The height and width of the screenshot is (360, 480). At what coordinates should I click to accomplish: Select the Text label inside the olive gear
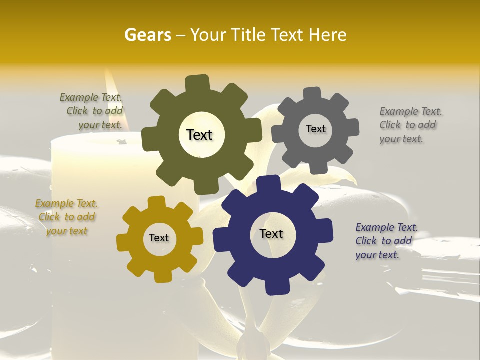click(x=199, y=135)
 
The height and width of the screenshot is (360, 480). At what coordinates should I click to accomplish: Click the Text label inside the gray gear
click(x=315, y=129)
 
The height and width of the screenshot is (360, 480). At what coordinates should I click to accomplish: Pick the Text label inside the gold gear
click(x=159, y=238)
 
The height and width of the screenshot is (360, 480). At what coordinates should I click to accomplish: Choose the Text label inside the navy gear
click(x=271, y=233)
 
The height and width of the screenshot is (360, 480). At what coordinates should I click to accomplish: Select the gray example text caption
click(x=410, y=125)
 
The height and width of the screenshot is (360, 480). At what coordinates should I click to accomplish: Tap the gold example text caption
click(x=66, y=217)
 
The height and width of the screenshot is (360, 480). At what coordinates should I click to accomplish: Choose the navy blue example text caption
click(x=386, y=241)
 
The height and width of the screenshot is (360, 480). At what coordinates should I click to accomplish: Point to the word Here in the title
click(x=327, y=35)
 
